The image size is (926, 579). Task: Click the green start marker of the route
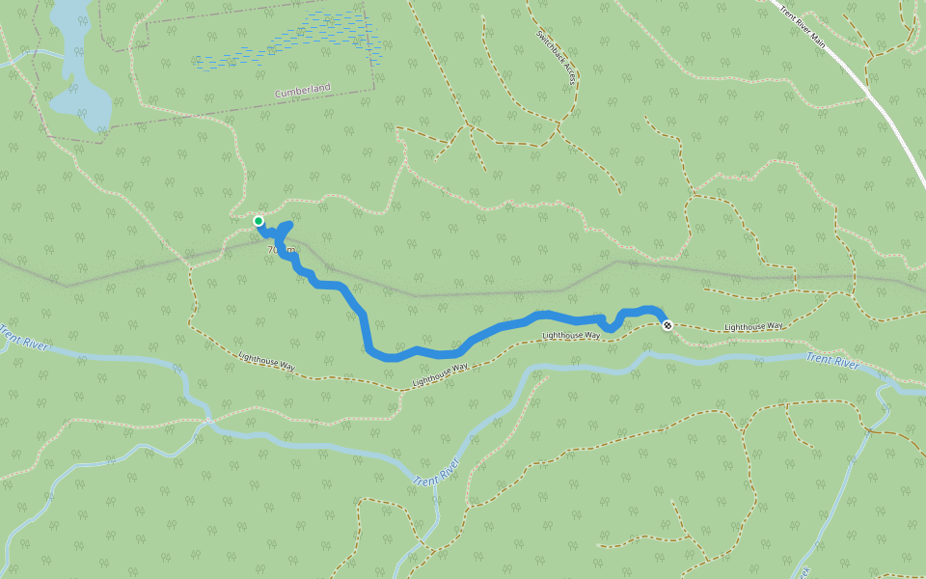coord(259,222)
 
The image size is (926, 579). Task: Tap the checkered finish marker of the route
coord(667,325)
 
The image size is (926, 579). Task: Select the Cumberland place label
coord(302,91)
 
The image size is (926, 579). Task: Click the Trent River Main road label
coord(804,23)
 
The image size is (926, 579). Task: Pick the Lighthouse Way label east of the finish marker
coord(753,327)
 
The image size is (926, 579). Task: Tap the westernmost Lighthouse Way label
coord(267,362)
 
